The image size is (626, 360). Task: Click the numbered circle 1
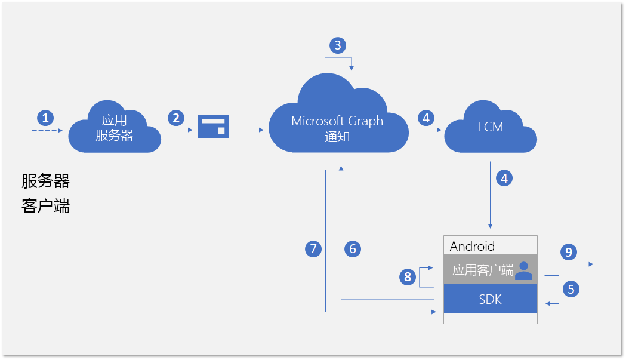pos(46,116)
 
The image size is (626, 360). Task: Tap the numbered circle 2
pos(175,118)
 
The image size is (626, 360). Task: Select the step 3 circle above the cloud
pos(338,45)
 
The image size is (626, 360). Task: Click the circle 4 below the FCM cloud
pos(504,178)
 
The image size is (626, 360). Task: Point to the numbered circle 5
pos(571,289)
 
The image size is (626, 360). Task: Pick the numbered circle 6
pos(353,248)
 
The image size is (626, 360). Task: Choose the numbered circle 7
pos(313,248)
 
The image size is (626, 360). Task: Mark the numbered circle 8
pos(408,276)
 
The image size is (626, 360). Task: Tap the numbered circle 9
pos(568,252)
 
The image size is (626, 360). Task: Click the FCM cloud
pos(491,128)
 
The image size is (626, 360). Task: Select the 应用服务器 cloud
pos(115,129)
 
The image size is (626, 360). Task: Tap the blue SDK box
pos(491,300)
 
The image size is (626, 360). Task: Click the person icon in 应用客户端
pos(523,270)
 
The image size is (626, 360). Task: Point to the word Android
pos(472,246)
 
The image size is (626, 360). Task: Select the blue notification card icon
pos(213,126)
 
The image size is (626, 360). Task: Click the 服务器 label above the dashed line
pos(45,181)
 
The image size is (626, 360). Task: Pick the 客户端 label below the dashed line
pos(45,206)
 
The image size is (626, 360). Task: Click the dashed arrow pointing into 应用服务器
pos(47,130)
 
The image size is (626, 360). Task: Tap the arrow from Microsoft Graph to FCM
pos(425,129)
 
